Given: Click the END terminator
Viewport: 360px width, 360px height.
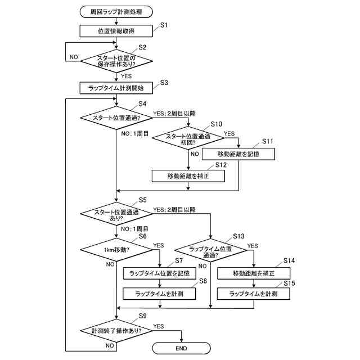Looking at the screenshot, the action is [x=181, y=348].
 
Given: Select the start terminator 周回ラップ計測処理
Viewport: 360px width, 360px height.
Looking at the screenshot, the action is [x=116, y=12].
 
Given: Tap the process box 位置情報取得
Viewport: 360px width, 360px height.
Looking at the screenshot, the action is [x=116, y=31].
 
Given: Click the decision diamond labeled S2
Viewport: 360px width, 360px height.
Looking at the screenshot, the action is [x=116, y=61].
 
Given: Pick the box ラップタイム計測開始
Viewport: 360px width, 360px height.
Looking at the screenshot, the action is [x=116, y=88].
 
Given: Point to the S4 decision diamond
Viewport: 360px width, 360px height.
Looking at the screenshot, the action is [x=116, y=118].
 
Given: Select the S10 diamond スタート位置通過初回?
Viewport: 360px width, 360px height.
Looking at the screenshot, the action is [x=188, y=138].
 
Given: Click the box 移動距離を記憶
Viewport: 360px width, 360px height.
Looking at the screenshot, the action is [x=238, y=154].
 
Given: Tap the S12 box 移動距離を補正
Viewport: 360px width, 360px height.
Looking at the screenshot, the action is [x=188, y=176].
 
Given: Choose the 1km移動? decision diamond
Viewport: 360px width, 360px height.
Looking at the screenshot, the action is [x=116, y=250].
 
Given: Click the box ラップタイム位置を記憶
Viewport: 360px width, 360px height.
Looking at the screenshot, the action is [x=160, y=273].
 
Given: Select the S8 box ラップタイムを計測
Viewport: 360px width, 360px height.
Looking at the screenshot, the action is [x=159, y=294].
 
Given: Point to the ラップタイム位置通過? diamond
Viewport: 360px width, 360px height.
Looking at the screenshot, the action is [x=210, y=250].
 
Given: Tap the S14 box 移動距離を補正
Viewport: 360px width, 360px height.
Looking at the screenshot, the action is [x=254, y=273].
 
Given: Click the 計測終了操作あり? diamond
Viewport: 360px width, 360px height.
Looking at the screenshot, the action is [x=116, y=331].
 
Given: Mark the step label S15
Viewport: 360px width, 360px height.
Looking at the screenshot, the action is [x=289, y=283].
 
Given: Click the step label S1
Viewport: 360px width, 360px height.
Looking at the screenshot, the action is [x=164, y=25].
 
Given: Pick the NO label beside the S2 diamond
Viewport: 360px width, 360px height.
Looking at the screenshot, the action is [x=74, y=57].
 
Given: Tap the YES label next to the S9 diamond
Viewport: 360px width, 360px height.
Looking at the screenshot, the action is [x=159, y=326].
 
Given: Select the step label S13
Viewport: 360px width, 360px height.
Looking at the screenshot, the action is [x=238, y=236].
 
